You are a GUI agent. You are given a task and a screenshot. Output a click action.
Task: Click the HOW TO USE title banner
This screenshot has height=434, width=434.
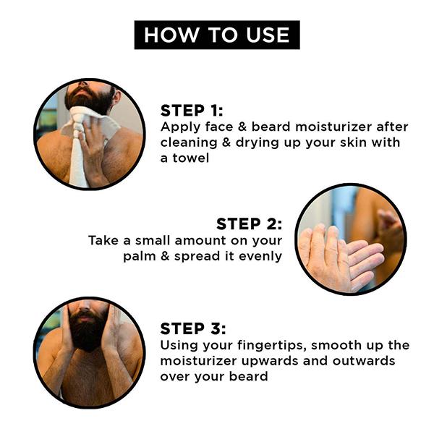(x=217, y=35)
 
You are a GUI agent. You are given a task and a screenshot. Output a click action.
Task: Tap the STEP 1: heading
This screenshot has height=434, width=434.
(x=192, y=111)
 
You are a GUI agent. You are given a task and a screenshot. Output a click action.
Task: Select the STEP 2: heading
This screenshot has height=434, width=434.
(x=249, y=224)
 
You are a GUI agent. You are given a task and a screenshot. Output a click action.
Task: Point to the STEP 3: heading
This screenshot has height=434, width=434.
(x=193, y=329)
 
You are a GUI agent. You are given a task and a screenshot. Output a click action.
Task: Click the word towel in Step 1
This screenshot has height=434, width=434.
(x=191, y=158)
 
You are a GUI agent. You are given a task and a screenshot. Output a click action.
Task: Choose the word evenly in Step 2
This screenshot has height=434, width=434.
(x=260, y=257)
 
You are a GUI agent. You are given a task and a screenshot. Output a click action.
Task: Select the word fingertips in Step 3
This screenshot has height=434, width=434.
(x=272, y=346)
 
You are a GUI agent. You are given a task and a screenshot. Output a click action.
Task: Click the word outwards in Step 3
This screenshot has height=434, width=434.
(x=364, y=361)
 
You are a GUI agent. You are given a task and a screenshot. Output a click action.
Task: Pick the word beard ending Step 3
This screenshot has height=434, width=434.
(x=248, y=376)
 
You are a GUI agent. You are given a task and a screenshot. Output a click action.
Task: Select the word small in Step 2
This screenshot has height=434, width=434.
(x=153, y=240)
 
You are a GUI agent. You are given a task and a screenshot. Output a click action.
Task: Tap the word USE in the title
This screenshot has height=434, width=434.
(x=268, y=35)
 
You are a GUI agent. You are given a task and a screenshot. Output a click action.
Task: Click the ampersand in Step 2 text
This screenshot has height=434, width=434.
(x=165, y=256)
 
